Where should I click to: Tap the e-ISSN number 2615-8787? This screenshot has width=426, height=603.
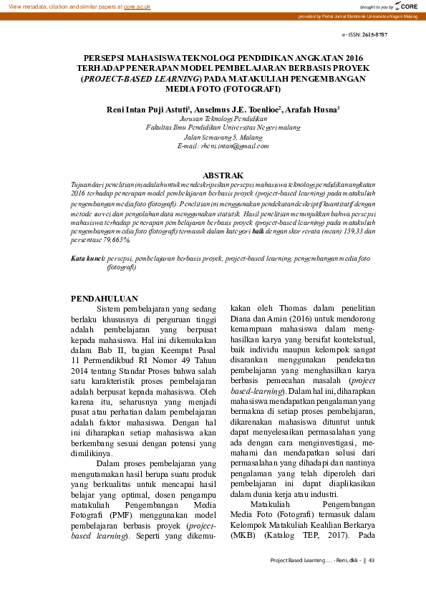(x=374, y=34)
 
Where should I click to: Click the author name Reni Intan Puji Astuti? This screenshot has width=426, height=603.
(x=142, y=110)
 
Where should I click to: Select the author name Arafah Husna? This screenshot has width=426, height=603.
(x=311, y=110)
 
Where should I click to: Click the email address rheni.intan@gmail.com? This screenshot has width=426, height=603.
(x=213, y=145)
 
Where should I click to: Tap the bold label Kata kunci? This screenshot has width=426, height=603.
(x=89, y=257)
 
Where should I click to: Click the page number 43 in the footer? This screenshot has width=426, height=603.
(x=372, y=561)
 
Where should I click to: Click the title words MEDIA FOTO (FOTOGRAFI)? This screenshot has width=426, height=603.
(x=213, y=90)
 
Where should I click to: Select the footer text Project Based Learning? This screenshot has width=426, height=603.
(x=294, y=561)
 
